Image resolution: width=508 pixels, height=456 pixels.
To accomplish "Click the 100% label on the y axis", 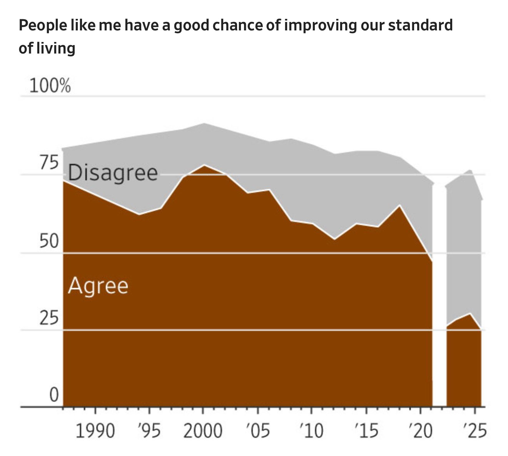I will (x=50, y=85).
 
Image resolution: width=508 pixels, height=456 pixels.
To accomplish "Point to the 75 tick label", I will (x=48, y=163).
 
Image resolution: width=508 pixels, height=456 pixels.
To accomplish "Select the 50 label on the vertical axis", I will (x=48, y=241).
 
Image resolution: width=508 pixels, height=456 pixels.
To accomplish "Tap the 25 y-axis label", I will (x=48, y=318).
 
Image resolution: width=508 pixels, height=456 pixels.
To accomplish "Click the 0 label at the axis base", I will (x=54, y=395).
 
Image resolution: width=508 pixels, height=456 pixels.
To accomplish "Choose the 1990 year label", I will (x=95, y=431).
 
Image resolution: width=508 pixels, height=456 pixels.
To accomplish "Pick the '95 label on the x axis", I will (x=149, y=431).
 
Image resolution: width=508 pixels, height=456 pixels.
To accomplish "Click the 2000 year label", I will (x=203, y=431).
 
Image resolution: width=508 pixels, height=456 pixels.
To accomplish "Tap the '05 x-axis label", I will (x=257, y=431).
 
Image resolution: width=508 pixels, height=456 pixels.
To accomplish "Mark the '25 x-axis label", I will (x=474, y=431).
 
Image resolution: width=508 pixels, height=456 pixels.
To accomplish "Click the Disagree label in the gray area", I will (x=113, y=173).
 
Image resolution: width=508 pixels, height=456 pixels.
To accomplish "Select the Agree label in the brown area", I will (x=98, y=286).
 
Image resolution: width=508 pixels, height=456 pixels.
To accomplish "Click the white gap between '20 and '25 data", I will (x=439, y=293).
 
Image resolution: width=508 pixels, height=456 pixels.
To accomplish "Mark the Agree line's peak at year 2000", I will (x=204, y=165).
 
